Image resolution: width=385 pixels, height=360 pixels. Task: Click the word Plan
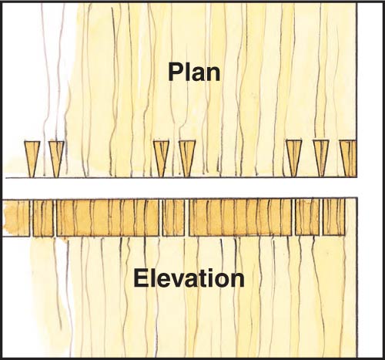click(x=194, y=73)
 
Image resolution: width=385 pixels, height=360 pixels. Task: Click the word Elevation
click(x=189, y=278)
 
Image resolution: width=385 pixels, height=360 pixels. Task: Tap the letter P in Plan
click(x=176, y=72)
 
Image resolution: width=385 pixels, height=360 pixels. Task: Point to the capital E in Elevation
click(x=140, y=278)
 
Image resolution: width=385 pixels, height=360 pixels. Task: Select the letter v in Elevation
click(x=168, y=281)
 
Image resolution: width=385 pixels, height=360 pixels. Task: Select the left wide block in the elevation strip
click(x=108, y=218)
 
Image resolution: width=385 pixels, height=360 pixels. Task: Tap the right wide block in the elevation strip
click(x=240, y=218)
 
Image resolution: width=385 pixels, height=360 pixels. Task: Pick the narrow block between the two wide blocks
click(x=174, y=218)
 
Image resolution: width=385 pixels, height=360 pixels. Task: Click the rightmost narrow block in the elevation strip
click(x=333, y=217)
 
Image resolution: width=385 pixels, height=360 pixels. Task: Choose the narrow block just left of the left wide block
click(x=43, y=218)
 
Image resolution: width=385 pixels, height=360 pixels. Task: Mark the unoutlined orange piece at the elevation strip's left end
click(x=16, y=218)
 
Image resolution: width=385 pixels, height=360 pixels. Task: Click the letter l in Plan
click(x=188, y=72)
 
